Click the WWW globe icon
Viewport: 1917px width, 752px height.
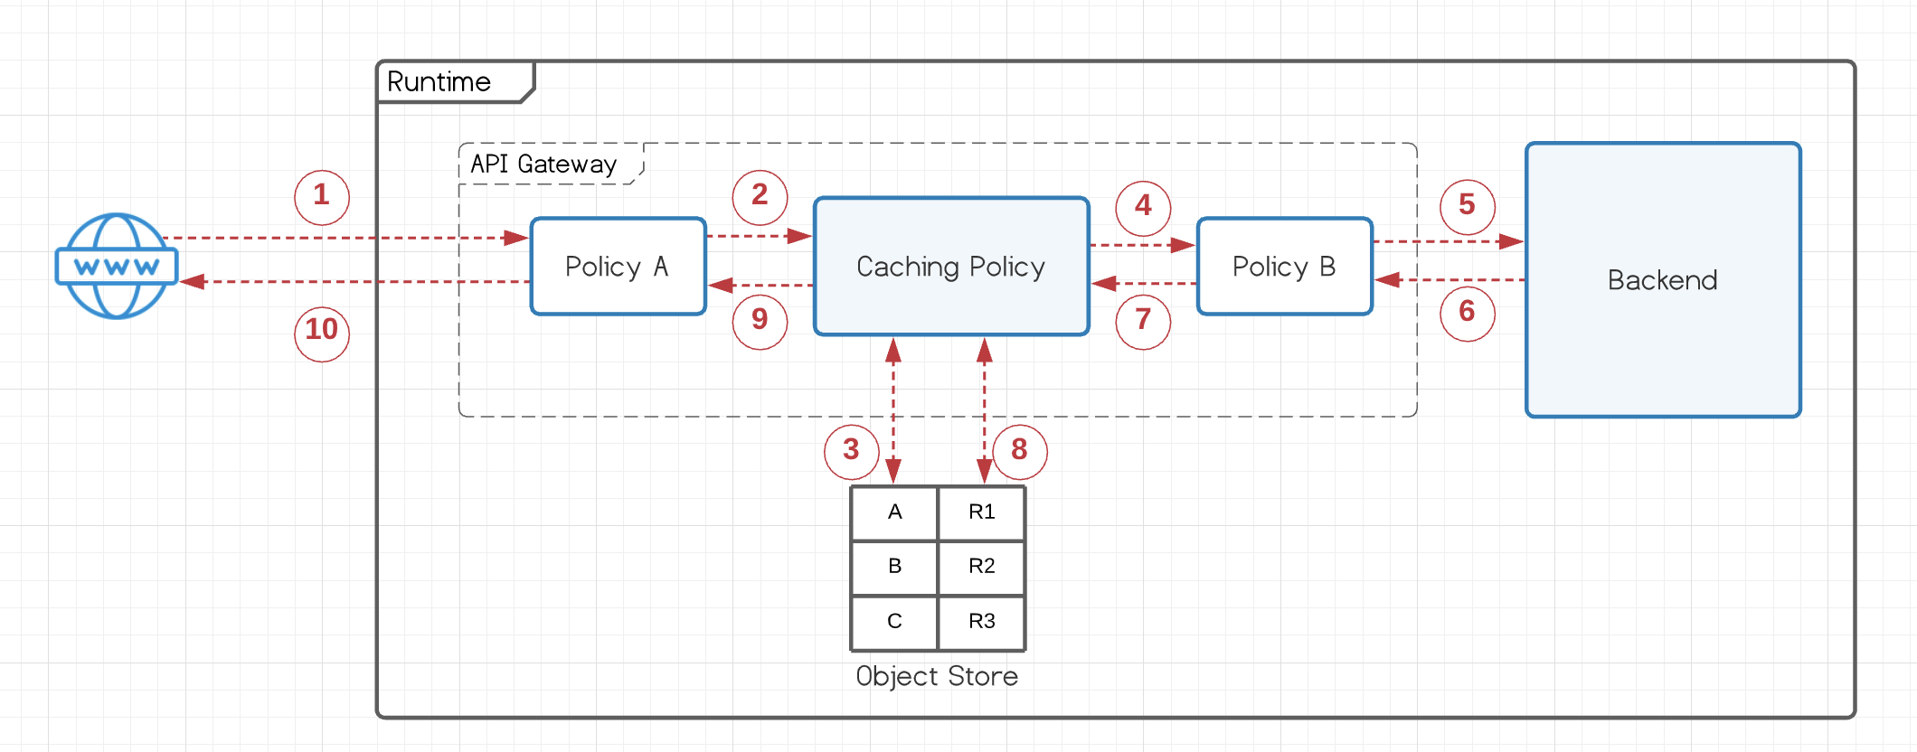(x=117, y=266)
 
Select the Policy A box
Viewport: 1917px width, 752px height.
(x=618, y=266)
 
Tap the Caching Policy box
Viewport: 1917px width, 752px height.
(x=951, y=266)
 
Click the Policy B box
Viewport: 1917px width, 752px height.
(x=1284, y=266)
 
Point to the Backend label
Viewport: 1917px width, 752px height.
(x=1662, y=280)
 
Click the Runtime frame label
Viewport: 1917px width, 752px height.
(x=439, y=82)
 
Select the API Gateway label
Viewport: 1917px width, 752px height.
(x=543, y=164)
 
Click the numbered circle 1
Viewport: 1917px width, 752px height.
(x=322, y=196)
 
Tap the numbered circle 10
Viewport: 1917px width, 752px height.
(x=322, y=330)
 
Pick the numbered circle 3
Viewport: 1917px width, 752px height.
(x=851, y=450)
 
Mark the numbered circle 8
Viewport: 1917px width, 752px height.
(x=1019, y=450)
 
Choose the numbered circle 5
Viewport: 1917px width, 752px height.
(x=1467, y=205)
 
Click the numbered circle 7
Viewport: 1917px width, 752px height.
(x=1143, y=320)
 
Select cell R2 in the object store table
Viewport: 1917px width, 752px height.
(x=981, y=567)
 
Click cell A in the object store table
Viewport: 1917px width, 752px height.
(x=894, y=512)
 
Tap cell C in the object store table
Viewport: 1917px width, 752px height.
(x=894, y=621)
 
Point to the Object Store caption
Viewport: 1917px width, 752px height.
(x=937, y=676)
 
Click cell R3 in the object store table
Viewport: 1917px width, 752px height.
(x=981, y=621)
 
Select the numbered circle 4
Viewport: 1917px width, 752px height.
(x=1143, y=206)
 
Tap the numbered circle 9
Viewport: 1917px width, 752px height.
(x=760, y=320)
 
